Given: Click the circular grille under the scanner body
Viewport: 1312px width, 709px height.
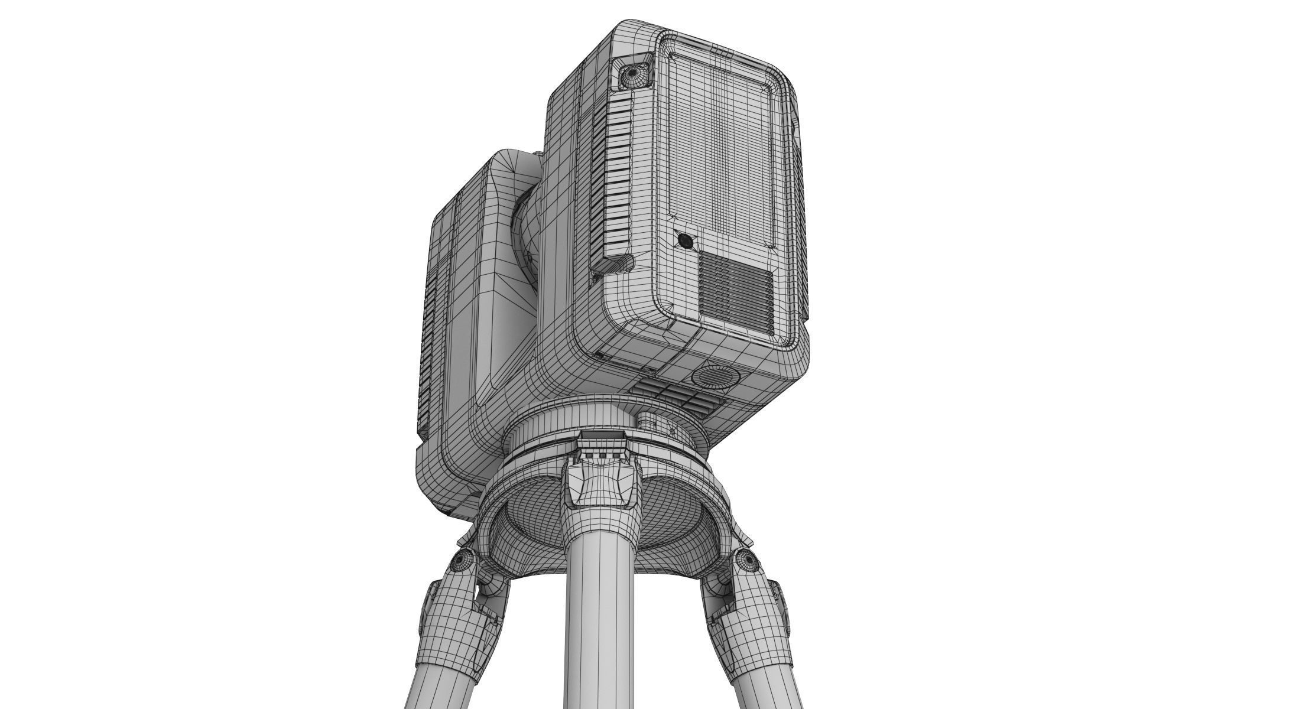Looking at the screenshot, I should [x=717, y=376].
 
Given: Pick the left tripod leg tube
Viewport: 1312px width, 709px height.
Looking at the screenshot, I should [x=434, y=685].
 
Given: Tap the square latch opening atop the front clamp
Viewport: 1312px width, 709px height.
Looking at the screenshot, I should [x=602, y=438].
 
